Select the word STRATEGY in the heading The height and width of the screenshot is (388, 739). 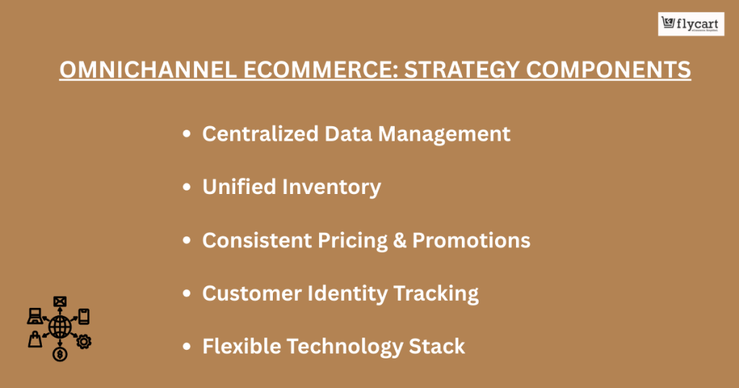point(437,70)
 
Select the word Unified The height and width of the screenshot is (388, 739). point(239,187)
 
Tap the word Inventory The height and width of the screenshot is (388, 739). point(331,187)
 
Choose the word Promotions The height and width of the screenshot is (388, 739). point(471,240)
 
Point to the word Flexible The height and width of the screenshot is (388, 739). point(242,346)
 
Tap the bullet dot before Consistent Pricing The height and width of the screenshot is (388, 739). point(188,240)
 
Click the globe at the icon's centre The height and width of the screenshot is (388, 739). point(59,327)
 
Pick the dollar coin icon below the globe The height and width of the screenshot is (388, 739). point(59,354)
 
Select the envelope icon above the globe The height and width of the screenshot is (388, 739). point(59,301)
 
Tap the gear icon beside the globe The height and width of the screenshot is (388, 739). point(84,341)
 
